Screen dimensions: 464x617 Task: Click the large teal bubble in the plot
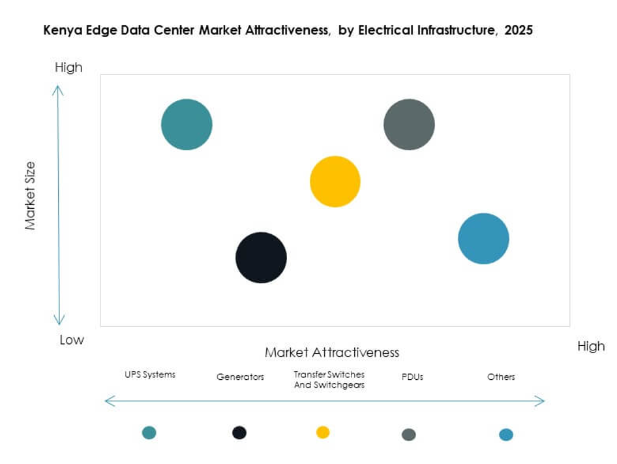click(x=187, y=125)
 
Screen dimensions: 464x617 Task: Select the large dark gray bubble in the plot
click(x=409, y=125)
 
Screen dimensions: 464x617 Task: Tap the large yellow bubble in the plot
click(x=335, y=181)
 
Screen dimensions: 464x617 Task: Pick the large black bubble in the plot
click(x=261, y=258)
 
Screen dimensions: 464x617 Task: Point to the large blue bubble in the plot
click(x=483, y=239)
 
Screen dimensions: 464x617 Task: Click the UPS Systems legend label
click(x=150, y=375)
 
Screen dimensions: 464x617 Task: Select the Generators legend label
click(x=240, y=377)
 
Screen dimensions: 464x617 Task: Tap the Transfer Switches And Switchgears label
click(x=329, y=380)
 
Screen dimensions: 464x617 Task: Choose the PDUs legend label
click(x=411, y=377)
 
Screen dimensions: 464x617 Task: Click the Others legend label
click(x=501, y=377)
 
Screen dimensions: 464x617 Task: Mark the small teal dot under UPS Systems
click(x=149, y=432)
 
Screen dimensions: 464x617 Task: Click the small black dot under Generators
click(x=239, y=432)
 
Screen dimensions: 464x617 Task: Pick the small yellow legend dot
click(x=323, y=432)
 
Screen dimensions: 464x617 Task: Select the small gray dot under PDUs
click(x=409, y=435)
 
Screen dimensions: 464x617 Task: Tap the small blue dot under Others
click(x=506, y=435)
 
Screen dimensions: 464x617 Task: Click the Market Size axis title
click(x=30, y=196)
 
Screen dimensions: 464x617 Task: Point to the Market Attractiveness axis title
click(x=331, y=352)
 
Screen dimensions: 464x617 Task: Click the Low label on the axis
click(x=72, y=340)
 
